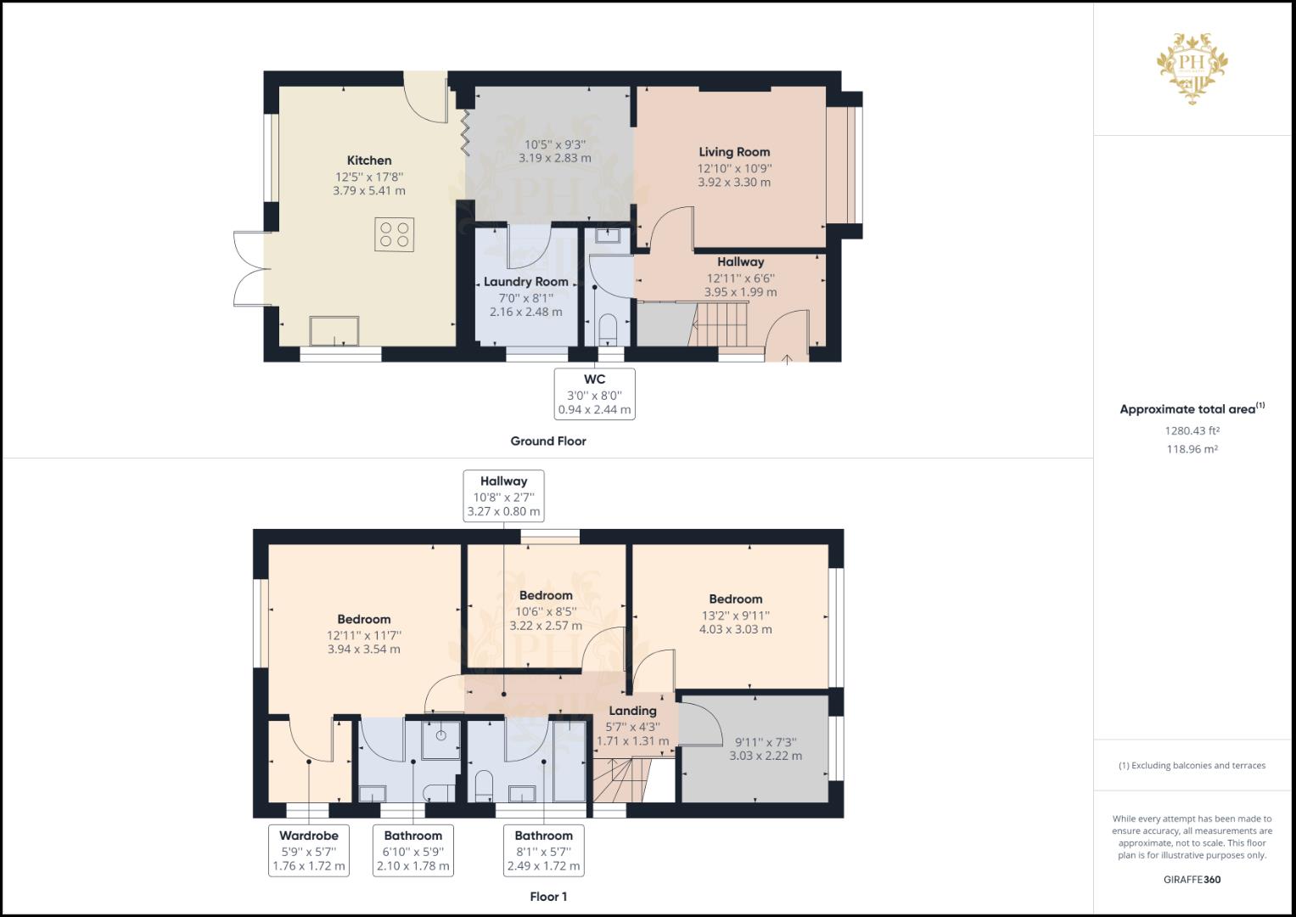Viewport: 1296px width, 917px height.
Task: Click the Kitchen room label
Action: (x=369, y=160)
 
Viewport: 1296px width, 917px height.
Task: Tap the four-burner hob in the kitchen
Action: (x=395, y=234)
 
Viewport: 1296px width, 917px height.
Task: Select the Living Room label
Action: (x=734, y=152)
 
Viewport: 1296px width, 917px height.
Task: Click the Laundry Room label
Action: (x=525, y=282)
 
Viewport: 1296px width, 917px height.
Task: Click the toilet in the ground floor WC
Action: (x=609, y=328)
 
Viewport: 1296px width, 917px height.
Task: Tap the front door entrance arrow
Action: (x=787, y=358)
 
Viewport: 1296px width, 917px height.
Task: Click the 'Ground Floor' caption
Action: (x=547, y=442)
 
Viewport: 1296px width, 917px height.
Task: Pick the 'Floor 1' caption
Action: (x=548, y=897)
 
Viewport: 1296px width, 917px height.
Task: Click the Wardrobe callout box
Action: (x=309, y=851)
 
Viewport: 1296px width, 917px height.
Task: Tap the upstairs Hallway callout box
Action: (x=503, y=496)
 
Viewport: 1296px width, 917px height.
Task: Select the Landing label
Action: (x=632, y=711)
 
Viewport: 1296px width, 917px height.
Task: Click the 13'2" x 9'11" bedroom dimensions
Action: (x=735, y=616)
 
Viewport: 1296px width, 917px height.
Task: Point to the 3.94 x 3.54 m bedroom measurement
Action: (x=363, y=650)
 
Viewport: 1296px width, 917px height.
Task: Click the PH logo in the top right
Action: (x=1192, y=67)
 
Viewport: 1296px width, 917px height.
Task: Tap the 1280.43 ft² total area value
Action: (x=1192, y=430)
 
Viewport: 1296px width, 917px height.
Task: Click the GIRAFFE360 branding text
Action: (x=1192, y=880)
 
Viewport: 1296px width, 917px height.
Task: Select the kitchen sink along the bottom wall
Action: (x=334, y=331)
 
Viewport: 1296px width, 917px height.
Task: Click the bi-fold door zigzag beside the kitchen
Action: (x=465, y=132)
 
